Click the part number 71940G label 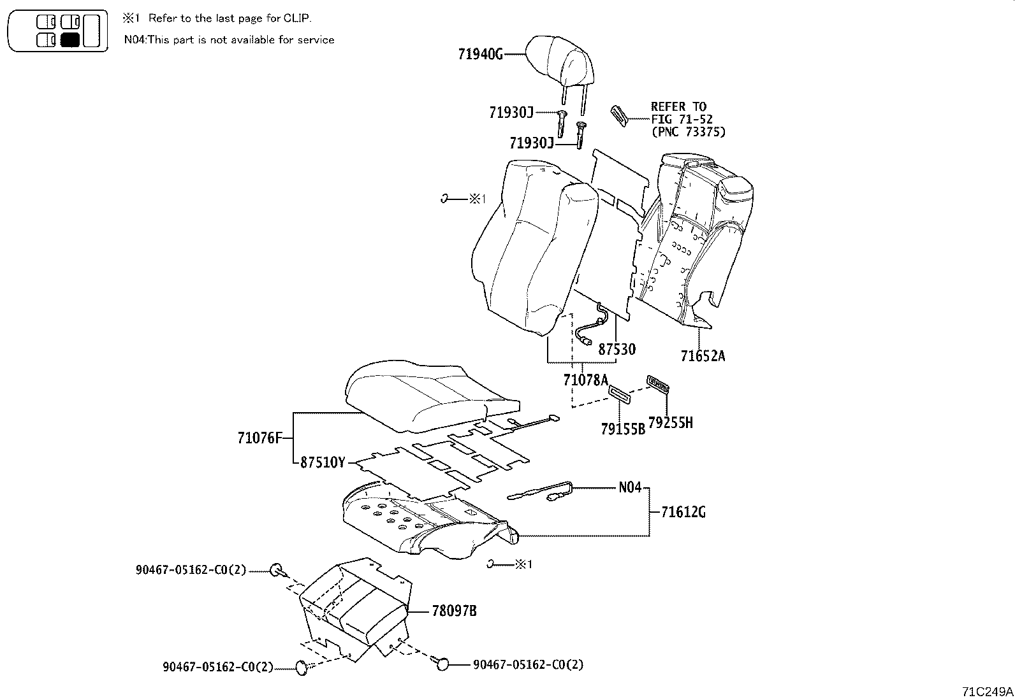click(480, 55)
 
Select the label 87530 click(616, 349)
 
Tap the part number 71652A click(703, 356)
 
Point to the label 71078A click(586, 380)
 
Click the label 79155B click(622, 429)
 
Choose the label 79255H click(670, 422)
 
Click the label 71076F click(259, 438)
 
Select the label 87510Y click(322, 462)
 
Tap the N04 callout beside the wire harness click(630, 487)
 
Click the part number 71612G click(683, 511)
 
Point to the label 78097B click(454, 611)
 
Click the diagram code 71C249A click(987, 691)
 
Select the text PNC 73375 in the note click(691, 132)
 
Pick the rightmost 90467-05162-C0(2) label click(528, 664)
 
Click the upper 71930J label click(511, 113)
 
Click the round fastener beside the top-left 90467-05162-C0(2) click(276, 570)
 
